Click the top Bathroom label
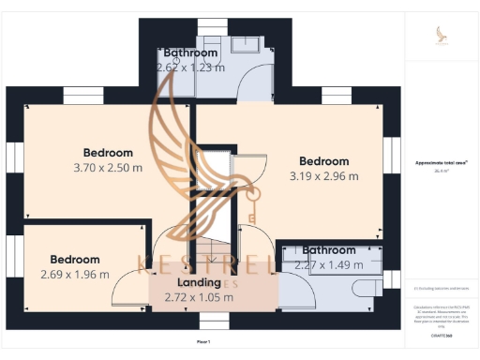(190, 53)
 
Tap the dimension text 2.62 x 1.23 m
(190, 67)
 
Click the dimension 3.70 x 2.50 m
(108, 168)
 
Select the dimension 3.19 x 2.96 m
(323, 176)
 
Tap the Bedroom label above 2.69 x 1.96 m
(75, 260)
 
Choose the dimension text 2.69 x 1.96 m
(75, 275)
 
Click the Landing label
(199, 282)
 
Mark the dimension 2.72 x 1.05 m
(199, 297)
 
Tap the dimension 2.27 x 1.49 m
(329, 265)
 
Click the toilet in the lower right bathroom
(367, 285)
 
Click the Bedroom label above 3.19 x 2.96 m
(323, 161)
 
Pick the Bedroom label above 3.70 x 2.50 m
(108, 153)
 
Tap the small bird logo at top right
(441, 34)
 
